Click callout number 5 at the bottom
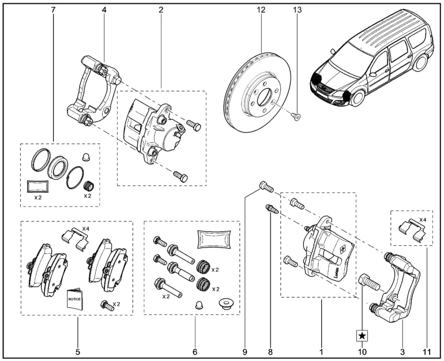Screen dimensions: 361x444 [77, 350]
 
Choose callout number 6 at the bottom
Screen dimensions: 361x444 [194, 350]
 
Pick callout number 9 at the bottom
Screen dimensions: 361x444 [245, 350]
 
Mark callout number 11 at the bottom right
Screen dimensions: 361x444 [427, 350]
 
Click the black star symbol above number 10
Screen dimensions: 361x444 [362, 334]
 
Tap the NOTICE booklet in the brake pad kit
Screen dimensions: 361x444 [75, 298]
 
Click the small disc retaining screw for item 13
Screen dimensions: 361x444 [295, 116]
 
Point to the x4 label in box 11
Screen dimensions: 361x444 [423, 220]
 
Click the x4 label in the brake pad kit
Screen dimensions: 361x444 [85, 229]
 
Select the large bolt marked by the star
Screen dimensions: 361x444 [366, 283]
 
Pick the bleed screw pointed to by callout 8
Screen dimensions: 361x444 [271, 209]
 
